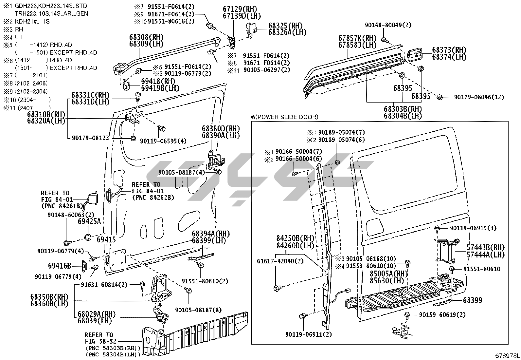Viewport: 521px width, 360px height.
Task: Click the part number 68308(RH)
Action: click(x=146, y=37)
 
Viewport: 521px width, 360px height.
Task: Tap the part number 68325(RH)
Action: click(x=285, y=26)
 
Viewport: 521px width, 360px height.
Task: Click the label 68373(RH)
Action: click(x=449, y=50)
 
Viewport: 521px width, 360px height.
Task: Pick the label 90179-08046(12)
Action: click(x=479, y=97)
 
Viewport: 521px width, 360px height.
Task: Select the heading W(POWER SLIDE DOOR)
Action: click(x=284, y=117)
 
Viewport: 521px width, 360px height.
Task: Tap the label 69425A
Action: click(x=89, y=221)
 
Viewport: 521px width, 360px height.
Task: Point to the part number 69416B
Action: click(x=60, y=266)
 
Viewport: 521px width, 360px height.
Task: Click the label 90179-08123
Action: click(x=90, y=138)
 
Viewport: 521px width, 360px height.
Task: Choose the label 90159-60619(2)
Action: click(x=442, y=315)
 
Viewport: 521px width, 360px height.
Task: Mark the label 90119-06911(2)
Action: click(x=308, y=334)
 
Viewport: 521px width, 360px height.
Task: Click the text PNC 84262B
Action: click(x=153, y=198)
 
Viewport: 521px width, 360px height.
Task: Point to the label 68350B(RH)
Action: click(x=49, y=297)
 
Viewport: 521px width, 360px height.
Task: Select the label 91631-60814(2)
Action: click(x=104, y=284)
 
